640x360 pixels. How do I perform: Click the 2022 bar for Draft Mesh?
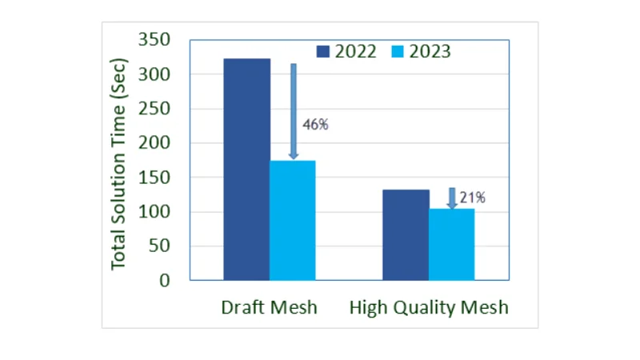coord(246,170)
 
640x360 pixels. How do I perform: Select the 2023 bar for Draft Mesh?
coord(292,220)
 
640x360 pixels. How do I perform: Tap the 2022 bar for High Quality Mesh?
coord(406,234)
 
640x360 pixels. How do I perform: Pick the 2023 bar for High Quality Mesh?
coord(451,244)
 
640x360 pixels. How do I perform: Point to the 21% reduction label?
coord(472,198)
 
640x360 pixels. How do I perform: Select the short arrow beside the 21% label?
coord(452,198)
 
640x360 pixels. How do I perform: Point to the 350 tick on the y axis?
coord(155,40)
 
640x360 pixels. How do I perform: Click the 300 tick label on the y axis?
coord(155,74)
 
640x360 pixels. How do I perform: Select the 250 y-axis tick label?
coord(155,109)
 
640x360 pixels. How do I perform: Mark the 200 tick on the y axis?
coord(155,143)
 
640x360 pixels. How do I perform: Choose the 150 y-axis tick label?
coord(155,178)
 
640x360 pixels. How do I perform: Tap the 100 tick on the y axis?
coord(155,212)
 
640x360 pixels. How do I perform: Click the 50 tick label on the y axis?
coord(161,246)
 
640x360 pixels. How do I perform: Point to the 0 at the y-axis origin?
coord(166,281)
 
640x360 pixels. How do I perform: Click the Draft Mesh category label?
coord(268,307)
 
